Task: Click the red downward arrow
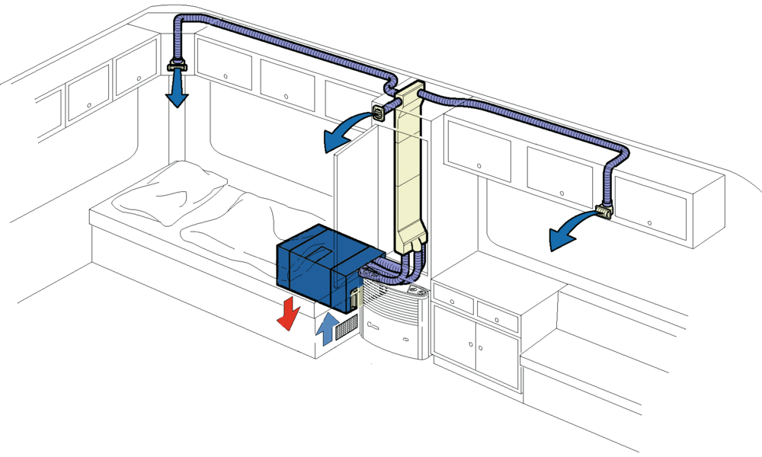288,313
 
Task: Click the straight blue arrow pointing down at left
177,90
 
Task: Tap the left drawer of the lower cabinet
454,300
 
